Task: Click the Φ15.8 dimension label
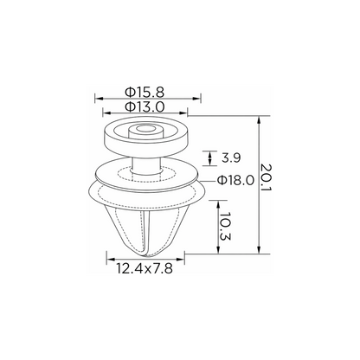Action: pos(145,93)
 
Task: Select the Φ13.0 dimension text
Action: pos(145,107)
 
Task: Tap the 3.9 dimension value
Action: pos(231,158)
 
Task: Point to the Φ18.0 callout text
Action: pos(235,181)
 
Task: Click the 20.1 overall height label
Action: pos(266,177)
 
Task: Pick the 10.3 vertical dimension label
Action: pos(225,227)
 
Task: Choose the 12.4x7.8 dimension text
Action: pos(145,269)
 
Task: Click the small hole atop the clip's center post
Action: pos(145,128)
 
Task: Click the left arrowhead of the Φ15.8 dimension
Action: pos(99,99)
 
